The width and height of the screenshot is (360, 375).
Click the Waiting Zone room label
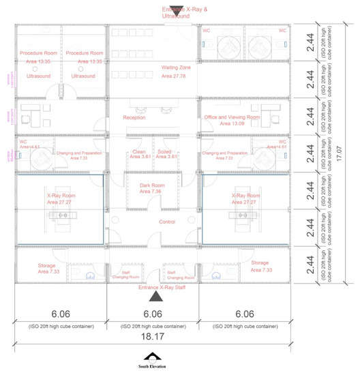175,68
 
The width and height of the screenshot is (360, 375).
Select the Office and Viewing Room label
232,118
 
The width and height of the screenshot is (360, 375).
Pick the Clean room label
138,151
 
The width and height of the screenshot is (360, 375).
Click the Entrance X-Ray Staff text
153,288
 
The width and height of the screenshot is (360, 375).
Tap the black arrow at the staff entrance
155,296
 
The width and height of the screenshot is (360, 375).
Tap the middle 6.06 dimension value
153,314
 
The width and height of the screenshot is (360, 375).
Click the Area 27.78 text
175,76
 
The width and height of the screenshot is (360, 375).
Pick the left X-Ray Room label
61,194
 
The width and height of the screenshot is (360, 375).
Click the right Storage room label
260,262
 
